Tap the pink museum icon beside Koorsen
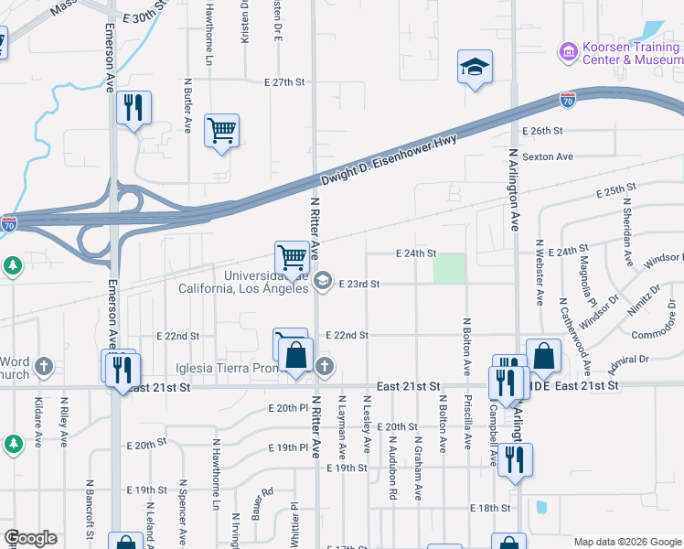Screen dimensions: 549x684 point(569,49)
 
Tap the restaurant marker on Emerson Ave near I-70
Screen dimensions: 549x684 point(134,107)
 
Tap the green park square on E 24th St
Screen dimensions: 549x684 point(448,269)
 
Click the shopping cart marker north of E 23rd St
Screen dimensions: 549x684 point(292,257)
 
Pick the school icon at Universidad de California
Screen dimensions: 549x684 point(322,282)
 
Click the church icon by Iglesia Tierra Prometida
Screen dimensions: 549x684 point(323,367)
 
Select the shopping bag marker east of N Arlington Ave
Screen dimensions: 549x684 point(543,357)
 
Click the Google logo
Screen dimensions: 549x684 point(30,538)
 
